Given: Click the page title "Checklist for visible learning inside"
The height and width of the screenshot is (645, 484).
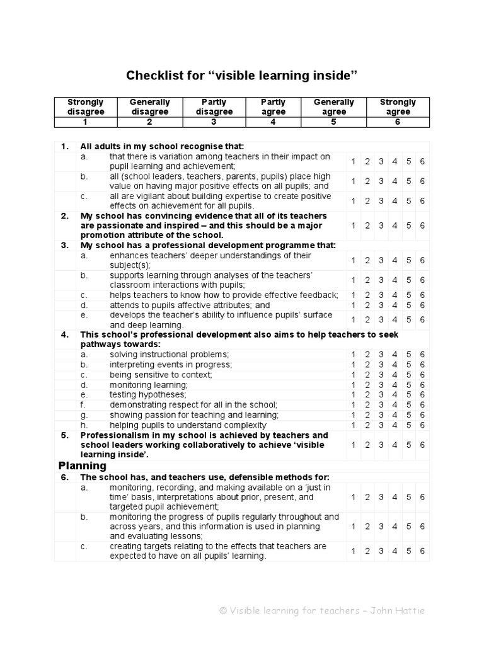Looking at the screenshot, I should click(242, 76).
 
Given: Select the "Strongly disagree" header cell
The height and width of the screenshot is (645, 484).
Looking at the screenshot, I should click(86, 106).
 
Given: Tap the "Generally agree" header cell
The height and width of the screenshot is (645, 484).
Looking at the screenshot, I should click(333, 106).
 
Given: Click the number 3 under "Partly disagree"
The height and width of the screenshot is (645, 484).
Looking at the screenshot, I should click(213, 122).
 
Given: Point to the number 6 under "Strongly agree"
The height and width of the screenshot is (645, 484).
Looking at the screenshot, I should click(397, 122).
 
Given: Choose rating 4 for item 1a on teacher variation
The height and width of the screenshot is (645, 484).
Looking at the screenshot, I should click(395, 161).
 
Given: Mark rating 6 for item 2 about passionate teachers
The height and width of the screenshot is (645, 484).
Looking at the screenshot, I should click(422, 225).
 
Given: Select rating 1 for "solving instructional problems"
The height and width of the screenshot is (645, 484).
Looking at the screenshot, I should click(353, 355).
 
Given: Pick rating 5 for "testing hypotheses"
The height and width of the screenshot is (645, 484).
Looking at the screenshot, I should click(408, 395).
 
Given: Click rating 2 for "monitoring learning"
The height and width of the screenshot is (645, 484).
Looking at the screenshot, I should click(367, 385).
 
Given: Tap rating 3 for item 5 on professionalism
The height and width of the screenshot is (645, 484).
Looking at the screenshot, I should click(381, 445).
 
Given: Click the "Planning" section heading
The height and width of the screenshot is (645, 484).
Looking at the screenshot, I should click(83, 466).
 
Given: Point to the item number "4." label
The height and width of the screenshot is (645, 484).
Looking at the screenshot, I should click(64, 334).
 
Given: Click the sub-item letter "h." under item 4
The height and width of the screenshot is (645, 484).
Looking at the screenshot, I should click(84, 425).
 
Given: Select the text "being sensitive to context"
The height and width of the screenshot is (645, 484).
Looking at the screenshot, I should click(160, 375).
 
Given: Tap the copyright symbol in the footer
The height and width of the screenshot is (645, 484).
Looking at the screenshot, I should click(222, 610).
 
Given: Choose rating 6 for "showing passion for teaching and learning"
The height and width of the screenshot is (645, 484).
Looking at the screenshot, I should click(422, 415).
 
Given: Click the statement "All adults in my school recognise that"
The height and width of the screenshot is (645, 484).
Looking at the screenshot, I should click(161, 147).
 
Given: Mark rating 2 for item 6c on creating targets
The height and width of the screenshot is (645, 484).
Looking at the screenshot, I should click(367, 551).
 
